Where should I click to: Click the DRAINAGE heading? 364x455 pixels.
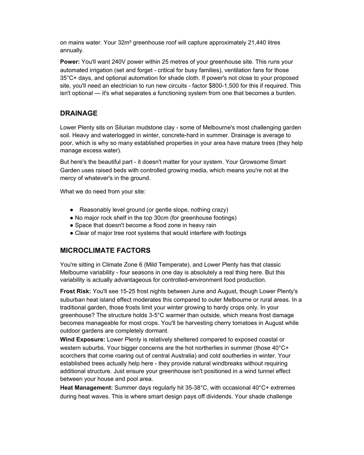pos(79,113)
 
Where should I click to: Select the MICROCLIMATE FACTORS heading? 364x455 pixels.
pos(105,251)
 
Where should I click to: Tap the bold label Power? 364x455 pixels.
pos(70,62)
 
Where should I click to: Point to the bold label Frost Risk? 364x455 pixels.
pos(75,291)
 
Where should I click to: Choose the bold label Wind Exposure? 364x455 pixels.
pos(82,339)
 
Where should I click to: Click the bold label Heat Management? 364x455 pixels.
pos(86,388)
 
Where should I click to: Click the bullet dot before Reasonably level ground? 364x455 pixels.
pos(72,210)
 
